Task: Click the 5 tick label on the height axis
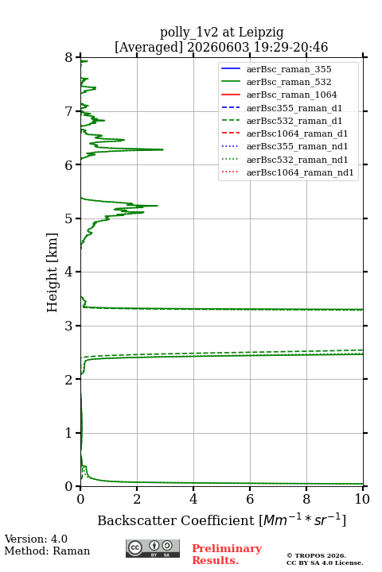pos(69,218)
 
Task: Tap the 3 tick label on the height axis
pos(69,326)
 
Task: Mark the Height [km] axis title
pos(52,272)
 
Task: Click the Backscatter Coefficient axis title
pos(221,520)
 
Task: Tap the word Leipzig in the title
pos(261,33)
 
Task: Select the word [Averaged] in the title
pos(149,48)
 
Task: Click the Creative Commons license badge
pos(153,548)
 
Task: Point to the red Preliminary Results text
pos(227,555)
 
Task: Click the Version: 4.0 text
pos(36,539)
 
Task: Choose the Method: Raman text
pos(47,551)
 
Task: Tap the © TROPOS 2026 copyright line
pos(317,555)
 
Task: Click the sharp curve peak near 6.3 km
pos(162,149)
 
